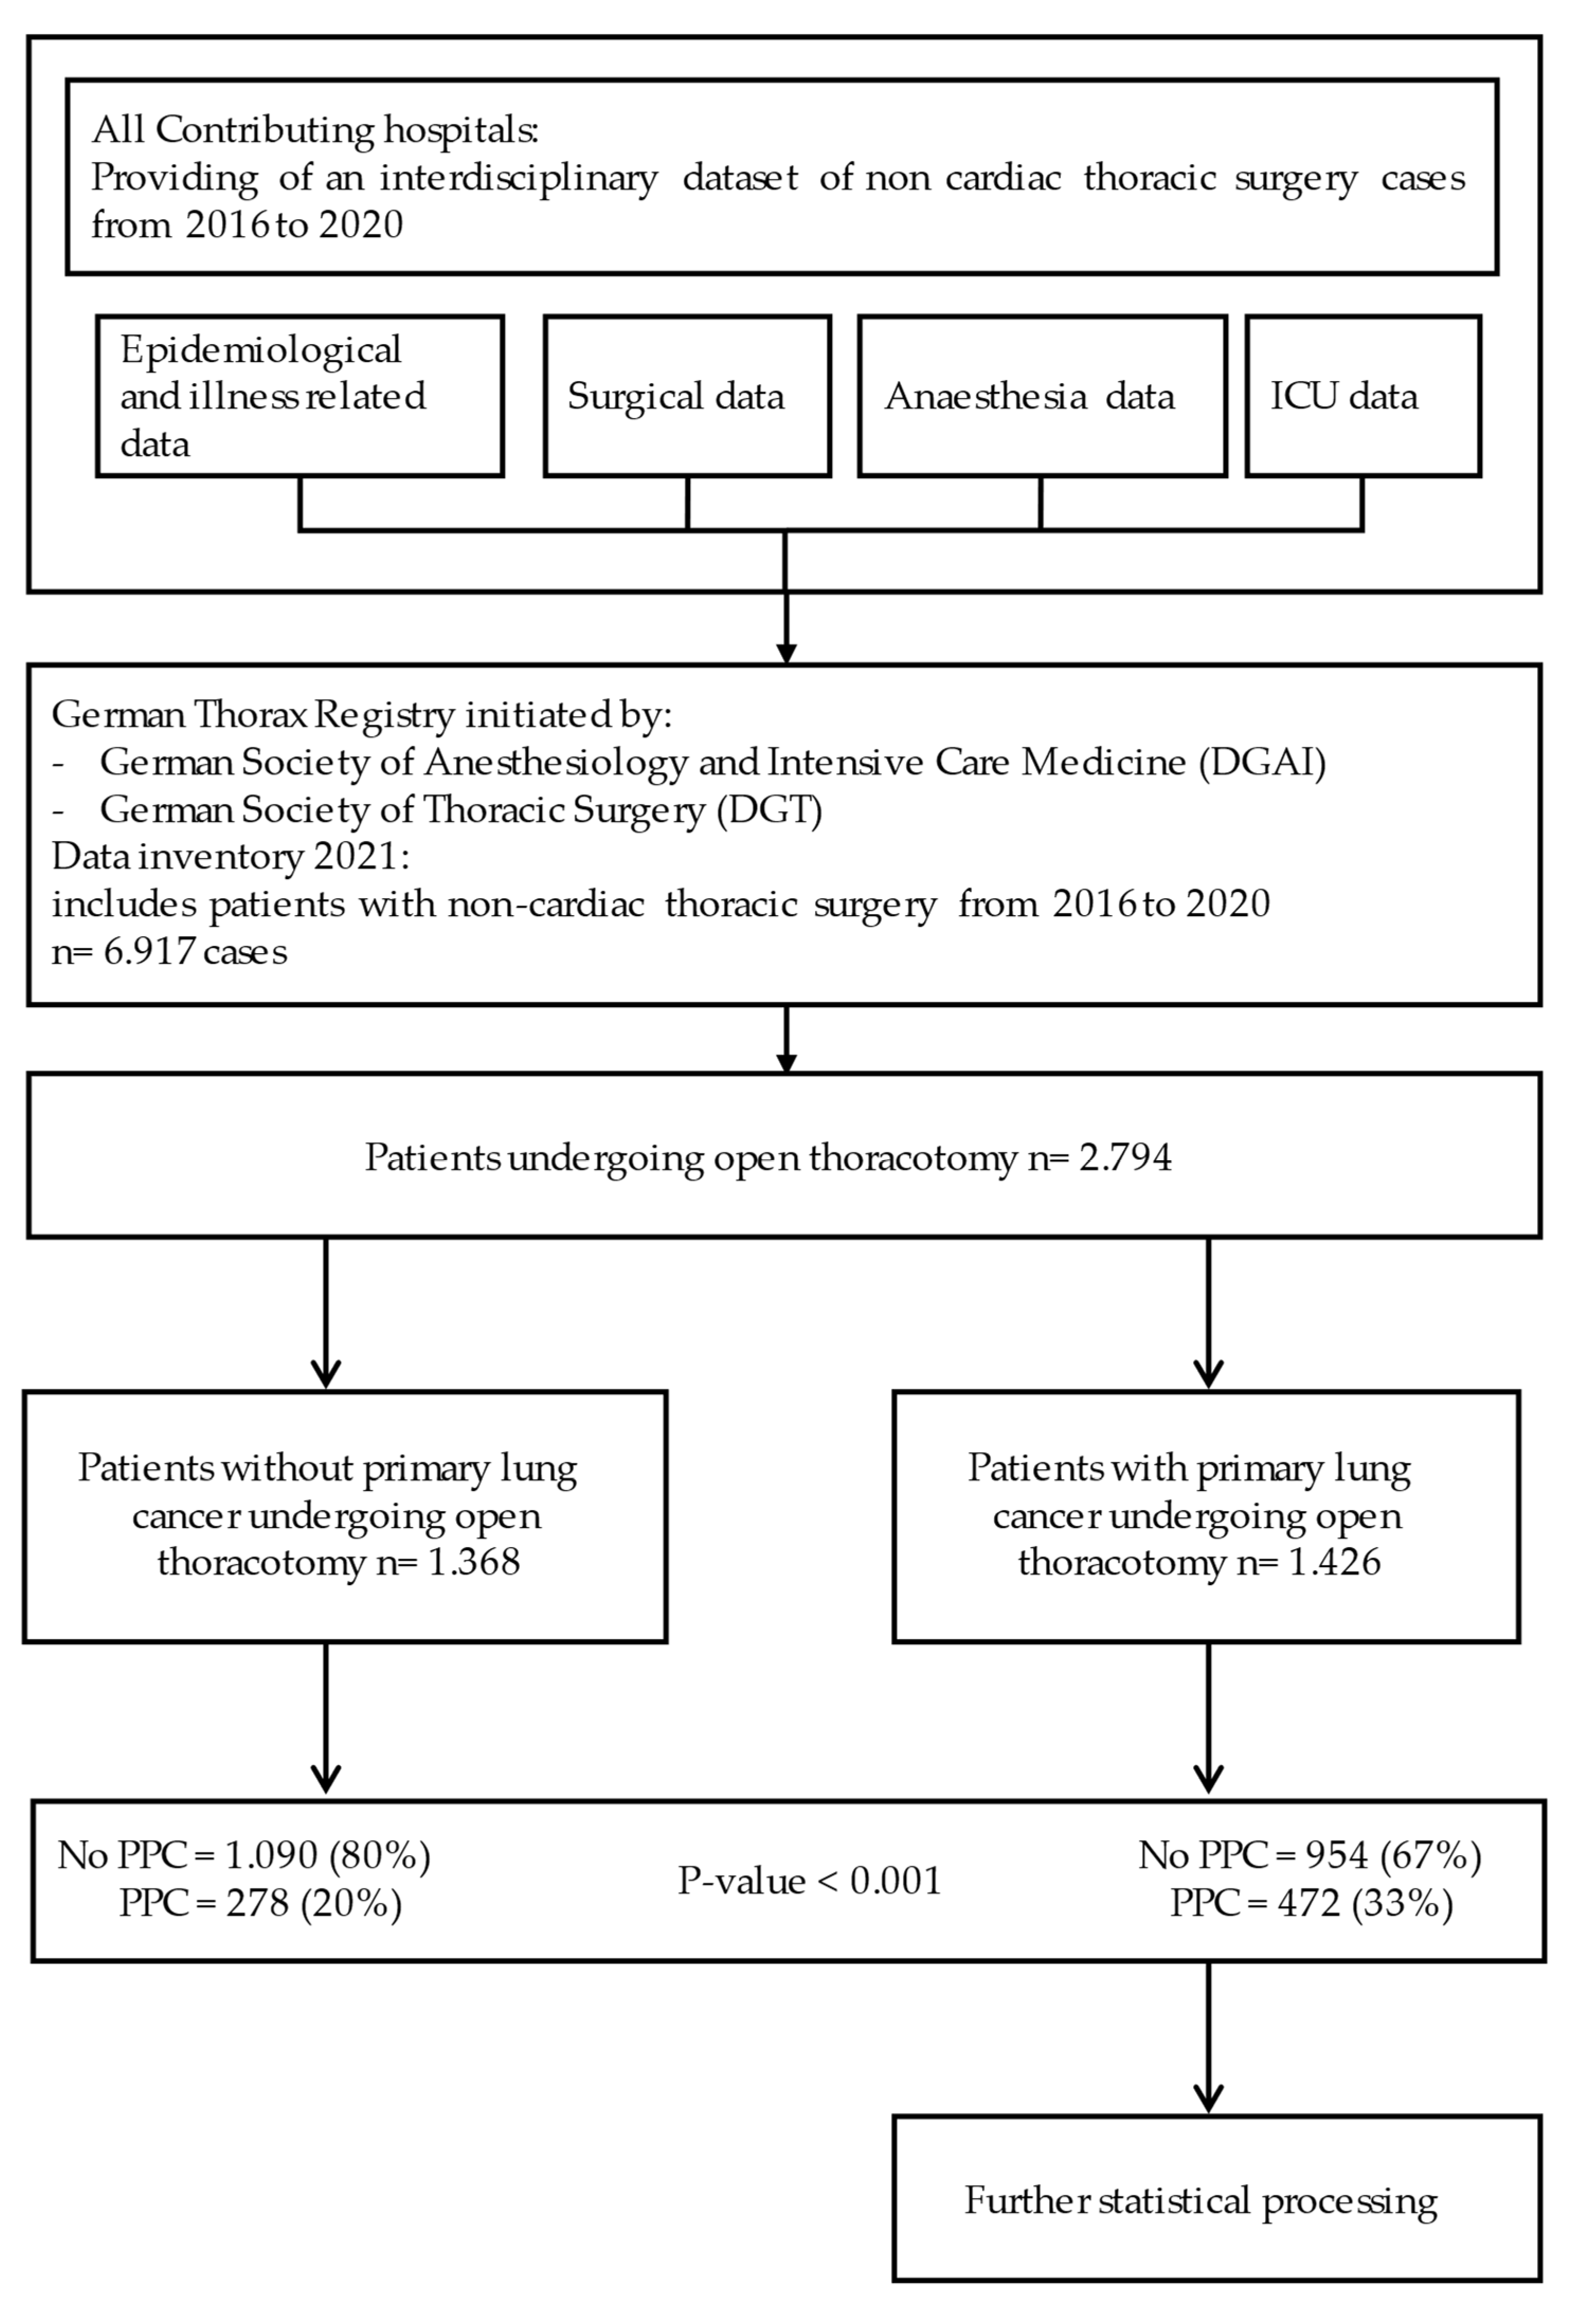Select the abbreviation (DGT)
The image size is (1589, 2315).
(x=769, y=810)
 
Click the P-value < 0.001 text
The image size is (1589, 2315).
(x=809, y=1880)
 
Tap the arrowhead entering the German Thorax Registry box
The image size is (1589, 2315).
(x=786, y=653)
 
